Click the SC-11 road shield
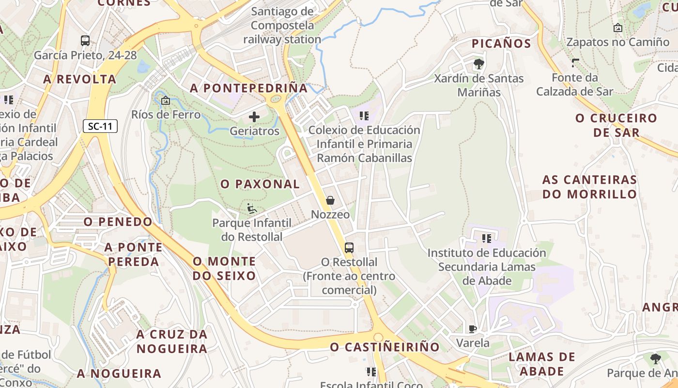tap(100, 127)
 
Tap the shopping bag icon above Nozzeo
tap(330, 200)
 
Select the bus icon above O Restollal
tap(349, 248)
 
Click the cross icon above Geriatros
tap(254, 116)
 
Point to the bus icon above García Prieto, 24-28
tap(85, 41)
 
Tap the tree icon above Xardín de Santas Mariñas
tap(478, 64)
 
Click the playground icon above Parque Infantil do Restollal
tap(252, 209)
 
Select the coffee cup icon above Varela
tap(473, 329)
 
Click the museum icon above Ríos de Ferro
tap(166, 101)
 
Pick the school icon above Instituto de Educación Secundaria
tap(487, 239)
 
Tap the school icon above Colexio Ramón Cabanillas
tap(364, 116)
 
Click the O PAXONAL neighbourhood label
tap(260, 184)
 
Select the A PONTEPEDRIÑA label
tap(249, 88)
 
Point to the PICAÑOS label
tap(501, 44)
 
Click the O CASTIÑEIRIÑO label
tap(385, 347)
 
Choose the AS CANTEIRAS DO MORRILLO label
tap(589, 187)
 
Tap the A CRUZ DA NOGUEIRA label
tap(172, 341)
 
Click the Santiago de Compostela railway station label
tap(282, 25)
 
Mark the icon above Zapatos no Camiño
tap(617, 28)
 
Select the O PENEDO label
tap(118, 222)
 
